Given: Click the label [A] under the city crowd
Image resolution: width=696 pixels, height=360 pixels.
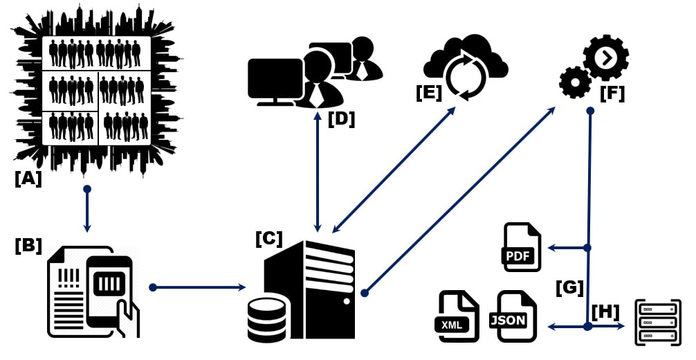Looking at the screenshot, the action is (28, 179).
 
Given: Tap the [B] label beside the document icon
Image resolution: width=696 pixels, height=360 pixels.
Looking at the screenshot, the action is (28, 246).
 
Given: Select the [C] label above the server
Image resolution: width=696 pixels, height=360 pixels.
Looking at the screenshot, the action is (269, 239).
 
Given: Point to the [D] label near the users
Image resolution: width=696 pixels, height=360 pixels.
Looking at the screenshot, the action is (341, 119).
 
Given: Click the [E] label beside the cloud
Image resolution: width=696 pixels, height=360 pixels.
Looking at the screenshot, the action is (429, 93).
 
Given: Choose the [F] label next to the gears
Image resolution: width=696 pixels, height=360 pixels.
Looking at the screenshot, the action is (612, 93).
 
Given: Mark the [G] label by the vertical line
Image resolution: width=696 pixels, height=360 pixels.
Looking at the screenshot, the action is (569, 288).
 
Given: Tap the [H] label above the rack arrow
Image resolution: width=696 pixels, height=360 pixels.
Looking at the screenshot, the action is (605, 312).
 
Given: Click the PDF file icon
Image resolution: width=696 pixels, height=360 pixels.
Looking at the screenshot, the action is (522, 247).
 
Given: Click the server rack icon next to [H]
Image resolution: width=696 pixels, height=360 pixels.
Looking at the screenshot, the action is (658, 322).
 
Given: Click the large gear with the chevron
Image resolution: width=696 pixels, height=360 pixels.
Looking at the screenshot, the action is (606, 57).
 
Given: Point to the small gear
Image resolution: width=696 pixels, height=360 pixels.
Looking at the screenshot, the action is (575, 82).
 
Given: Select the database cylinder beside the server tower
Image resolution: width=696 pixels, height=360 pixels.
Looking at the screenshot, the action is (266, 320).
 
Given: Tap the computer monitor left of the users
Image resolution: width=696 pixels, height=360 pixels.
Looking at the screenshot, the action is (275, 82).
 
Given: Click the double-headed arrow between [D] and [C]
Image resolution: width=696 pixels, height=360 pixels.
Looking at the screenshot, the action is (318, 172).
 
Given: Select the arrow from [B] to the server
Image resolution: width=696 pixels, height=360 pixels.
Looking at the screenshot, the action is (198, 287).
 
